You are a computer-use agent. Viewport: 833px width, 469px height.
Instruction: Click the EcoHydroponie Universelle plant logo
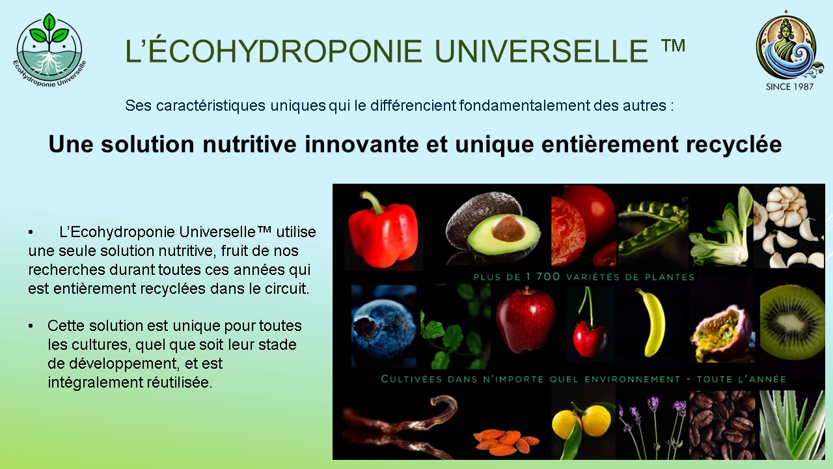pyautogui.click(x=49, y=50)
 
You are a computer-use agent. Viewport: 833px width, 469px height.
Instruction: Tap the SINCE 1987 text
pyautogui.click(x=789, y=87)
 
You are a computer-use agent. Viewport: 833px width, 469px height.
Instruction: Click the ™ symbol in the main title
pyautogui.click(x=673, y=46)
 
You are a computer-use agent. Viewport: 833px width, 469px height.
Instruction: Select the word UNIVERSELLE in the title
pyautogui.click(x=541, y=51)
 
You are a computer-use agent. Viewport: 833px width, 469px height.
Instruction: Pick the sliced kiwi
pyautogui.click(x=792, y=322)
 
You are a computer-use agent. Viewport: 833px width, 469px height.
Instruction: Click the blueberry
pyautogui.click(x=383, y=326)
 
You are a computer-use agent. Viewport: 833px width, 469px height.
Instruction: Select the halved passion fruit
pyautogui.click(x=722, y=333)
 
